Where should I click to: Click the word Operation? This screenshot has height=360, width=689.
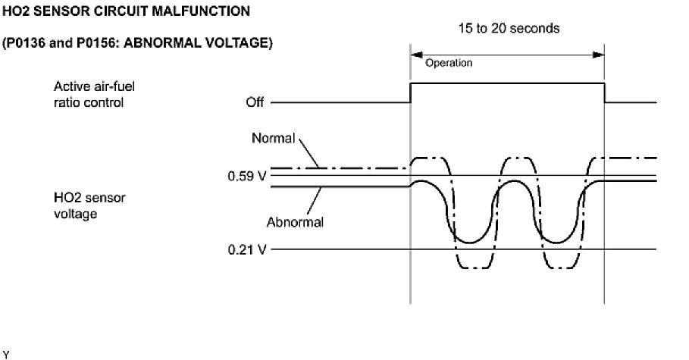pyautogui.click(x=449, y=63)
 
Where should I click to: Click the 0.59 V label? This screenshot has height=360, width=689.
pyautogui.click(x=247, y=177)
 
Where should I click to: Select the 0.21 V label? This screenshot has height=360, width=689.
pyautogui.click(x=247, y=249)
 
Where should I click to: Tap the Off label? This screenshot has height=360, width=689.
pyautogui.click(x=255, y=102)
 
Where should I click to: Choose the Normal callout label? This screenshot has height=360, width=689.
pyautogui.click(x=273, y=139)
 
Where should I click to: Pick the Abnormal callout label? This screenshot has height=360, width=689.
pyautogui.click(x=295, y=222)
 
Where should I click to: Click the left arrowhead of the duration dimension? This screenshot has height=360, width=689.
pyautogui.click(x=414, y=55)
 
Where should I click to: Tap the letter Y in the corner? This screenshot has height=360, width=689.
pyautogui.click(x=5, y=354)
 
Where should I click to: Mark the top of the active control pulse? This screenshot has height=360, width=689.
pyautogui.click(x=506, y=83)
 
